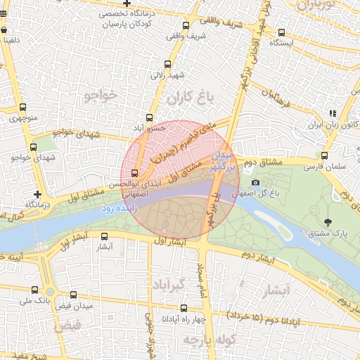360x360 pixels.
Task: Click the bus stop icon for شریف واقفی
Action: coord(186,26)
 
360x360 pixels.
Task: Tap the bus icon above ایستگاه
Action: coord(281,32)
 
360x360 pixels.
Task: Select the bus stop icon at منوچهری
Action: coord(23,108)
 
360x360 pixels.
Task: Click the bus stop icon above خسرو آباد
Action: coord(149,118)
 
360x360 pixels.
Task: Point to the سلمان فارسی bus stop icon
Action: coord(324,156)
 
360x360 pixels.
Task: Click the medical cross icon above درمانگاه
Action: coord(37,193)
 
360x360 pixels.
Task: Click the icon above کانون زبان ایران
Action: coord(333,113)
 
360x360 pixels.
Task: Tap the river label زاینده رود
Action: coord(116,209)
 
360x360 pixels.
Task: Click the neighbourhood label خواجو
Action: coord(98,95)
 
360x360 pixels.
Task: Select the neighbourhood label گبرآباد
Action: coord(186,285)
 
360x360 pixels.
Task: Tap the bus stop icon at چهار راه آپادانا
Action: coord(184,308)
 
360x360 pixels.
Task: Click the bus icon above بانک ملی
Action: coord(34,290)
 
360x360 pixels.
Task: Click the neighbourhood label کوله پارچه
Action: coord(202,340)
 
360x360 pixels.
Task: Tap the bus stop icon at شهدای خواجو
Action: coord(32,147)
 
